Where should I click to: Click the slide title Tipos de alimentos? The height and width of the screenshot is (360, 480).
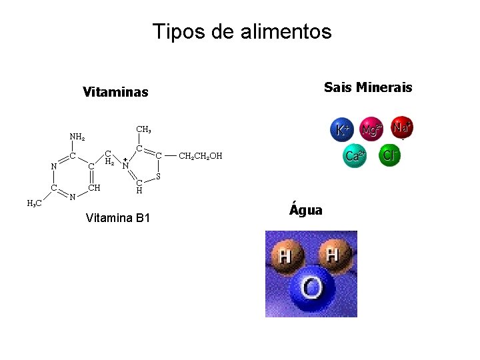(x=241, y=31)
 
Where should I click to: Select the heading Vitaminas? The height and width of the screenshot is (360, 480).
(x=115, y=91)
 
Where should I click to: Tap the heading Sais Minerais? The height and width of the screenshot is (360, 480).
(x=367, y=87)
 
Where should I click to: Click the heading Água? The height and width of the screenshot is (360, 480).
(x=306, y=210)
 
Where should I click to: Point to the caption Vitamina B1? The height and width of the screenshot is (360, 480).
(x=119, y=219)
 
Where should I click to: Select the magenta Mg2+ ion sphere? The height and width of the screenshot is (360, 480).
(x=372, y=130)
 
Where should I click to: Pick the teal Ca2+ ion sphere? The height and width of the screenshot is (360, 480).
(x=355, y=157)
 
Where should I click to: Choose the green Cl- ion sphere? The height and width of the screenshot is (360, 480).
(x=389, y=156)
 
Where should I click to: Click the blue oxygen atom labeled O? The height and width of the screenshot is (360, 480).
(x=311, y=290)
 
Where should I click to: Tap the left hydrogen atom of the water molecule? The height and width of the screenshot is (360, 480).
(x=286, y=255)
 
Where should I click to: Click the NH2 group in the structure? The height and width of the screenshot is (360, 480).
(x=77, y=137)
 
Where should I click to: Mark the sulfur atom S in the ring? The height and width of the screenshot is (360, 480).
(x=158, y=177)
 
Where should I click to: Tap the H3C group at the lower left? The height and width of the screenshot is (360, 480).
(x=35, y=203)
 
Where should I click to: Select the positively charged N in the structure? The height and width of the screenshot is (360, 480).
(x=126, y=164)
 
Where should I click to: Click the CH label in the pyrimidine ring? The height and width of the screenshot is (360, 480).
(x=94, y=187)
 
